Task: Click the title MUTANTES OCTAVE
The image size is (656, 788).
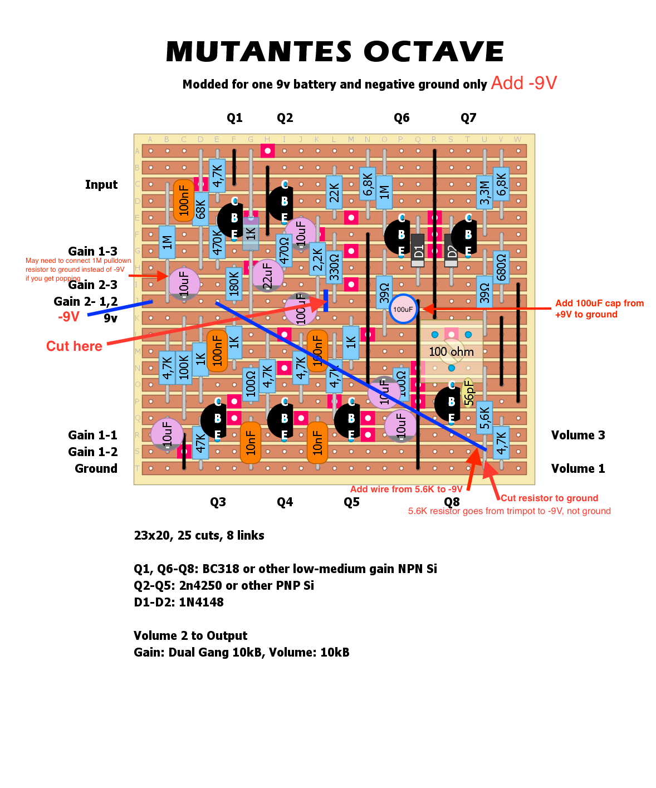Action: (335, 52)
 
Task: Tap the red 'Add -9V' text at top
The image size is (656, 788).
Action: (523, 84)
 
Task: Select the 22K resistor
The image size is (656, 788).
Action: (334, 192)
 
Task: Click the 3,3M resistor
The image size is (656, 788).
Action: (484, 192)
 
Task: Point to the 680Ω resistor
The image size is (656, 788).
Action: (501, 267)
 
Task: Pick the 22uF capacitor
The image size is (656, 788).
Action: (268, 276)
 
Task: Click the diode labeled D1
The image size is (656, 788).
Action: (418, 251)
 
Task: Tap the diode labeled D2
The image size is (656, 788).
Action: (451, 251)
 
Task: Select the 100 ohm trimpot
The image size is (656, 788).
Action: (451, 351)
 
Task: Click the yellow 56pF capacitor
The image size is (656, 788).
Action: (468, 393)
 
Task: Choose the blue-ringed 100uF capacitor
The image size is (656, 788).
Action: (403, 309)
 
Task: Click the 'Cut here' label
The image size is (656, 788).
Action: (74, 346)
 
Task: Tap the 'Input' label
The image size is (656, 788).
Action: (101, 184)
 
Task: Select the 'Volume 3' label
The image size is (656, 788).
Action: (578, 435)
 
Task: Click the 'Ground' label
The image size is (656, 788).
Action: (96, 468)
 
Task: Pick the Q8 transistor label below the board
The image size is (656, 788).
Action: (452, 502)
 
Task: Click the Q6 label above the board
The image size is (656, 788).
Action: (402, 118)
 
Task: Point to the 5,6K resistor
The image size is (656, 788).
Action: (484, 418)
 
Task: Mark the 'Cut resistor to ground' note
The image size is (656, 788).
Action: (549, 498)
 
